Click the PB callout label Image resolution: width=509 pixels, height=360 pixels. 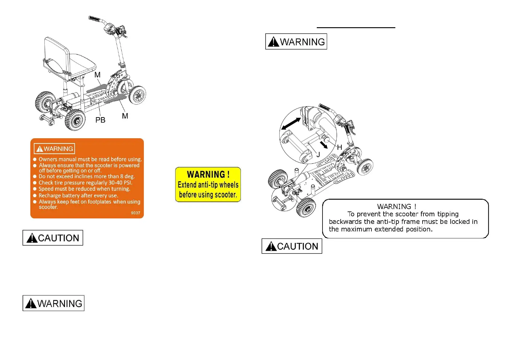pyautogui.click(x=100, y=120)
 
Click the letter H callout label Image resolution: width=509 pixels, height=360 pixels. pyautogui.click(x=339, y=147)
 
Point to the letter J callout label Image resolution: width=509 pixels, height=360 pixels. pyautogui.click(x=318, y=155)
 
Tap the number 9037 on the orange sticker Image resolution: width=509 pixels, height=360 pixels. pyautogui.click(x=135, y=213)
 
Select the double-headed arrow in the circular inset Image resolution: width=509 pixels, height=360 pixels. pyautogui.click(x=291, y=123)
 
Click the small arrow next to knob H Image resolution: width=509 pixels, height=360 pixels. pyautogui.click(x=324, y=146)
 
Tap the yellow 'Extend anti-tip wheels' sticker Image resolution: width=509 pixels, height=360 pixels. pyautogui.click(x=208, y=185)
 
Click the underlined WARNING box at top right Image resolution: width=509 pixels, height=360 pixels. pyautogui.click(x=296, y=41)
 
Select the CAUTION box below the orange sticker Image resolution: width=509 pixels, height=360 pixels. pyautogui.click(x=53, y=238)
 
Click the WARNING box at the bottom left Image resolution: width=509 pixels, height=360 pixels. pyautogui.click(x=53, y=303)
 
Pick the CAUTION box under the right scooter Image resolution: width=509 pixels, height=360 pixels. pyautogui.click(x=292, y=246)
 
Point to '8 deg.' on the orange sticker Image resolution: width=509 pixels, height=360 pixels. pyautogui.click(x=127, y=176)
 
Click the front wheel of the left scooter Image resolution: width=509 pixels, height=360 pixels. pyautogui.click(x=138, y=95)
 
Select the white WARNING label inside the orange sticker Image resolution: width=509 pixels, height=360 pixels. pyautogui.click(x=54, y=149)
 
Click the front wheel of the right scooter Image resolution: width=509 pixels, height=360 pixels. pyautogui.click(x=365, y=167)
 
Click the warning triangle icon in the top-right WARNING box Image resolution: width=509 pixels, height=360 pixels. pyautogui.click(x=274, y=42)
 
